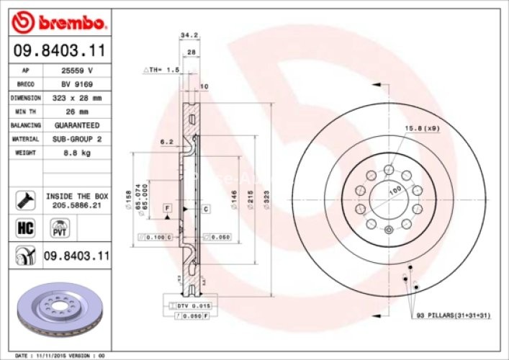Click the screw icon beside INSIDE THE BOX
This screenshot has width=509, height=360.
(x=24, y=199)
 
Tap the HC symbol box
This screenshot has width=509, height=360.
(x=24, y=228)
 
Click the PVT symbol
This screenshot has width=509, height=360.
(x=58, y=229)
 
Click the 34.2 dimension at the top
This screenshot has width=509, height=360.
(x=189, y=34)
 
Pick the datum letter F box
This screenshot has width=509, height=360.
(x=167, y=207)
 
